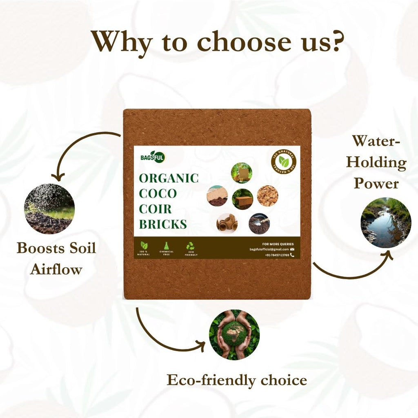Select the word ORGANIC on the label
pos(169,178)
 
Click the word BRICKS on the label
pos(163,224)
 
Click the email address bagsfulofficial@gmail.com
pos(269,249)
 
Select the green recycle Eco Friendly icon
pos(191,246)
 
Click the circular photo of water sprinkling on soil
pos(49,208)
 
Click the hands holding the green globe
pos(234,334)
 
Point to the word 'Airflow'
pos(56,269)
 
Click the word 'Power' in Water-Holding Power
pos(376,183)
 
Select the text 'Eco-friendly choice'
pos(237,380)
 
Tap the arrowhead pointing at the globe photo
pos(201,347)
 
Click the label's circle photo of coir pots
pos(227,223)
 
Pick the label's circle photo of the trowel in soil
pos(259,223)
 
